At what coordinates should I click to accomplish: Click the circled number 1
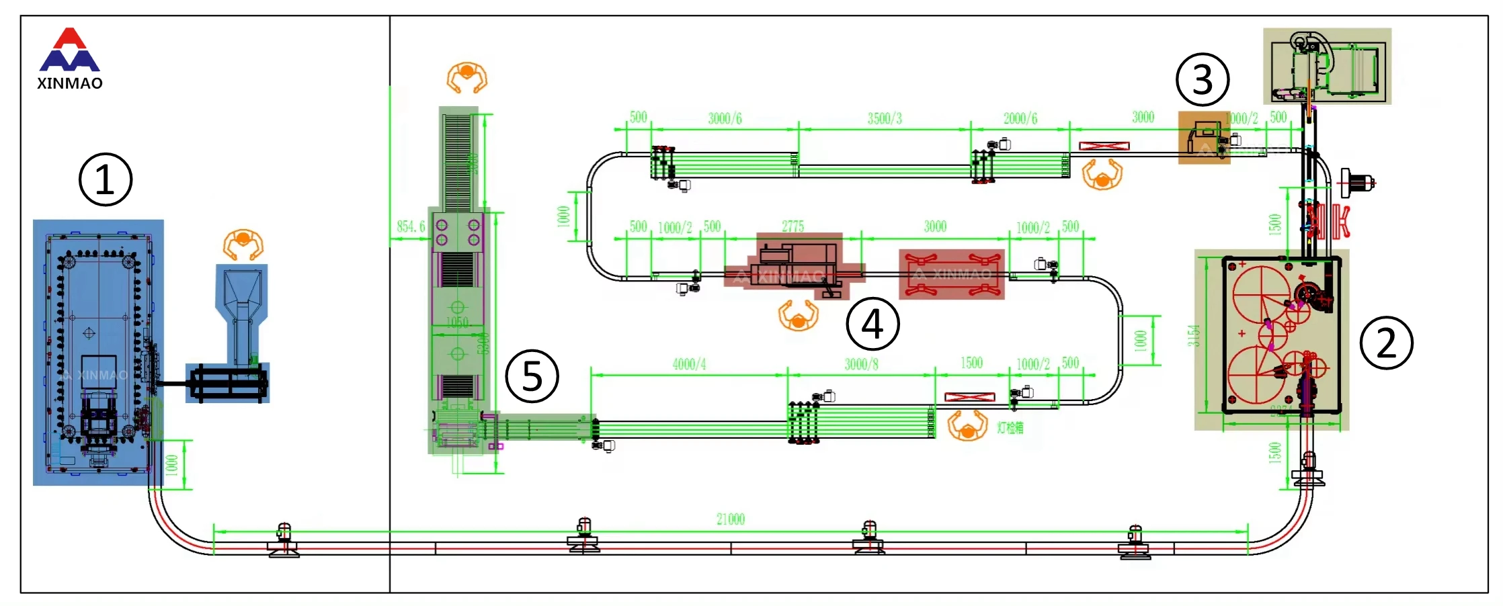point(106,180)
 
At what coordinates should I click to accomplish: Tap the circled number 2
point(1386,343)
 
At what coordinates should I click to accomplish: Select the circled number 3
point(1202,79)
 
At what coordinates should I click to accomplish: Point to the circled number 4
point(872,324)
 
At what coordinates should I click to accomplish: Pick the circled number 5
point(532,376)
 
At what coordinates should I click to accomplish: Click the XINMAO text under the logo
point(70,83)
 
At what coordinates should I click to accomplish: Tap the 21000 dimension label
point(731,519)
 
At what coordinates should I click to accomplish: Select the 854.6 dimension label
point(411,226)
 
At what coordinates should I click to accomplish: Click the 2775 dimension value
point(793,226)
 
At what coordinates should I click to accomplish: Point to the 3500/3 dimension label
point(885,119)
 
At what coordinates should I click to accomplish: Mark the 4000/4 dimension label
point(689,364)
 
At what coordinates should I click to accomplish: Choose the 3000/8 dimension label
point(861,364)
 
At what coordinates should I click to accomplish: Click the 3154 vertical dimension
point(1193,335)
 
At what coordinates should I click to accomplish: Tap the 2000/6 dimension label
point(1020,119)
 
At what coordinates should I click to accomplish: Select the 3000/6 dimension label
point(725,119)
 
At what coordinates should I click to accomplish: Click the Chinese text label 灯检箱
point(1010,428)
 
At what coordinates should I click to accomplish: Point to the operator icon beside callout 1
point(243,245)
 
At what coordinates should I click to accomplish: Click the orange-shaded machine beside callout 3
point(1204,138)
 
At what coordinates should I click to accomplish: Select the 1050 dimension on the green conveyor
point(457,322)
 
